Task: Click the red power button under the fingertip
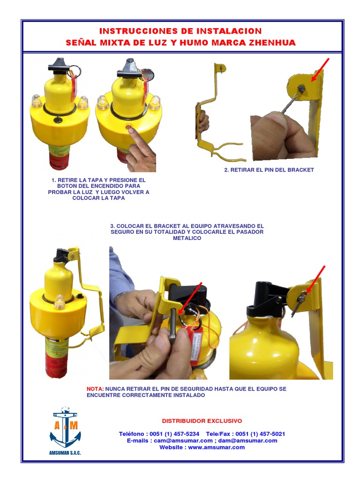coord(128,127)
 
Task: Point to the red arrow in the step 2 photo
coord(320,70)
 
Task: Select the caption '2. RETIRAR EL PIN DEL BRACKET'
coord(269,170)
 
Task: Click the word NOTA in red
coord(95,389)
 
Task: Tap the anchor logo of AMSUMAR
coord(65,427)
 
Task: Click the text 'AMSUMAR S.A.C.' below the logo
coord(65,453)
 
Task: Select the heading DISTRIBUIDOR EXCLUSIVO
coord(202,421)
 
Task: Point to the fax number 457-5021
coord(273,434)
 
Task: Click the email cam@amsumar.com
coord(183,441)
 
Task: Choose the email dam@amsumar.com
coord(247,441)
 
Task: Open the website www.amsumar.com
coord(217,447)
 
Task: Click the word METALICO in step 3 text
coord(187,238)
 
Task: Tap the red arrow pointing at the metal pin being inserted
coord(190,299)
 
